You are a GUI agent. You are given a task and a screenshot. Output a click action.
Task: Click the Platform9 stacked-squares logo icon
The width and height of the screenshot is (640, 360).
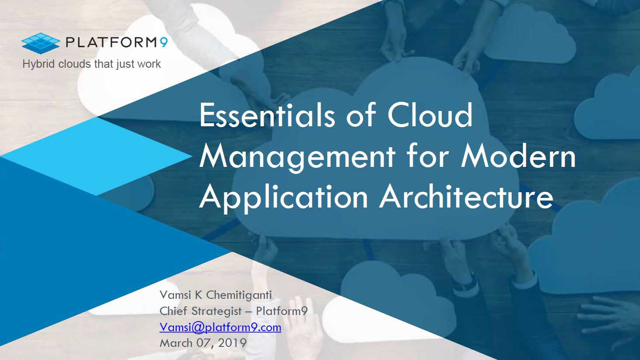(41, 43)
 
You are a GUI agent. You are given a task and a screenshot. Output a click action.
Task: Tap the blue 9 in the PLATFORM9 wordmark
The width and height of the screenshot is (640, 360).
(163, 42)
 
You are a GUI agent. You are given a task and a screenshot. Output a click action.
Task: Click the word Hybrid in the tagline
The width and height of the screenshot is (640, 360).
(38, 64)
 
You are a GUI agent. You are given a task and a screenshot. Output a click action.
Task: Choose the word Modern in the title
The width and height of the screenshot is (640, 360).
(518, 156)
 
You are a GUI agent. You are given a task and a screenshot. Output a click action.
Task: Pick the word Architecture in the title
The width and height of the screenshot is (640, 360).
(466, 197)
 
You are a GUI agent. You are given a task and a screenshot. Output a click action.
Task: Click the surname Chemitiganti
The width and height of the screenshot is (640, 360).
(239, 295)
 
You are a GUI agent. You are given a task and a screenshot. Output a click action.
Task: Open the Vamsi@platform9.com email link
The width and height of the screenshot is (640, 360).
(220, 327)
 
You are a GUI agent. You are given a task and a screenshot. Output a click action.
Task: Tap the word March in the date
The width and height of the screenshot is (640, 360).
(176, 343)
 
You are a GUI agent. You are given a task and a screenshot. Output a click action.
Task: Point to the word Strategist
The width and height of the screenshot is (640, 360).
(216, 311)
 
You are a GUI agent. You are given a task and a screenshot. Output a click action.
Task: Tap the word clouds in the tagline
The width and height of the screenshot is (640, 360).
(75, 64)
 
